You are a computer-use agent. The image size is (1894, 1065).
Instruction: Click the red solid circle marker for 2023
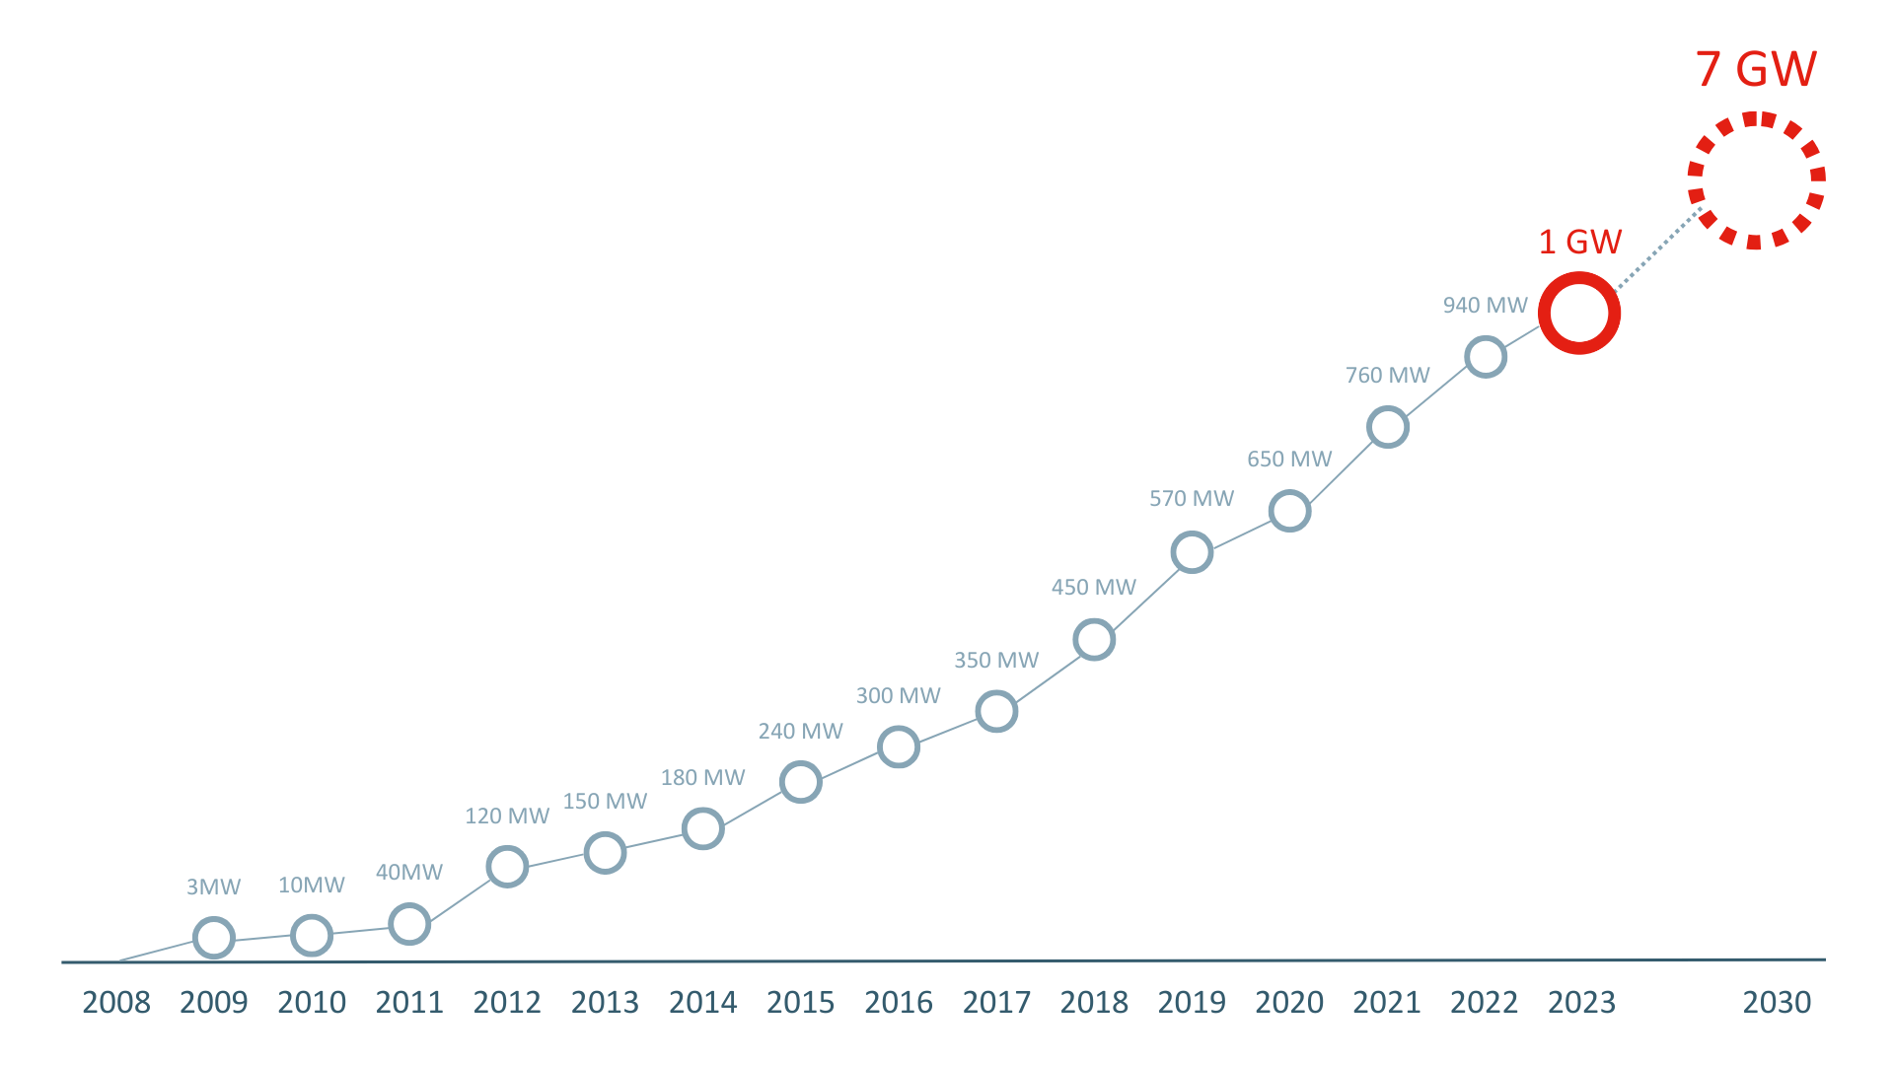click(x=1579, y=314)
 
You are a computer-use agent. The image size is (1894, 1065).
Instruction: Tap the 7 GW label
click(x=1756, y=69)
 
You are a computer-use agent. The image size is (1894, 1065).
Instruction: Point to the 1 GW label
click(x=1580, y=242)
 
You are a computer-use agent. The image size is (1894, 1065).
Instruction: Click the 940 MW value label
click(x=1485, y=306)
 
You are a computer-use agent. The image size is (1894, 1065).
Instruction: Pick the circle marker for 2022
click(x=1485, y=357)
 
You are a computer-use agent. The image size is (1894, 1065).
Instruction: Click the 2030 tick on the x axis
click(x=1777, y=1003)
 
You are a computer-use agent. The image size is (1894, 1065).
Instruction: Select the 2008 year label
click(x=116, y=1003)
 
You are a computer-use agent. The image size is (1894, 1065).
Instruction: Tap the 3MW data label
click(x=213, y=887)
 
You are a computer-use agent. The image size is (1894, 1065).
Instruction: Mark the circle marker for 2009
click(x=213, y=938)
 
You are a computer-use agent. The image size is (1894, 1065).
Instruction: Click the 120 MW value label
click(x=507, y=816)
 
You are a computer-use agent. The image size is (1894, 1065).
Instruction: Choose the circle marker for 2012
click(x=507, y=867)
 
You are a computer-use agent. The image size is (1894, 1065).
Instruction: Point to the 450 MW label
click(x=1094, y=588)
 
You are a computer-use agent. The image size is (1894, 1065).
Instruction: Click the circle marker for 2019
click(x=1192, y=552)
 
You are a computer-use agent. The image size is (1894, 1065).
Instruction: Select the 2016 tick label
click(x=899, y=1003)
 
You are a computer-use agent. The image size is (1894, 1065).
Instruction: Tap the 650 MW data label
click(x=1289, y=460)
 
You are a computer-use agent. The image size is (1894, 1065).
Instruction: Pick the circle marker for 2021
click(x=1387, y=427)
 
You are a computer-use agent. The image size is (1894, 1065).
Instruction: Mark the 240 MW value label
click(x=800, y=732)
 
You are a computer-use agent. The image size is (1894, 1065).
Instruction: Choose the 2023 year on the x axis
click(x=1581, y=1003)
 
